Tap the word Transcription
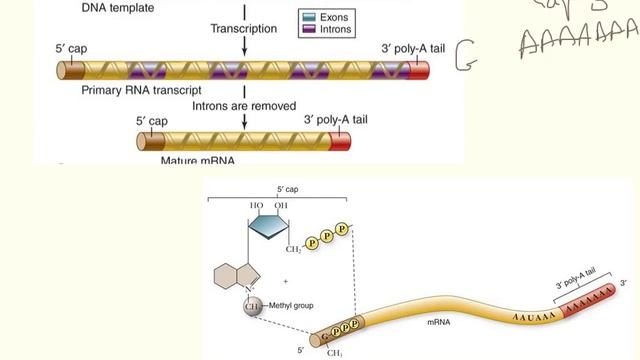tap(243, 29)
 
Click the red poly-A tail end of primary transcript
tap(416, 71)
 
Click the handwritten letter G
tap(464, 57)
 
